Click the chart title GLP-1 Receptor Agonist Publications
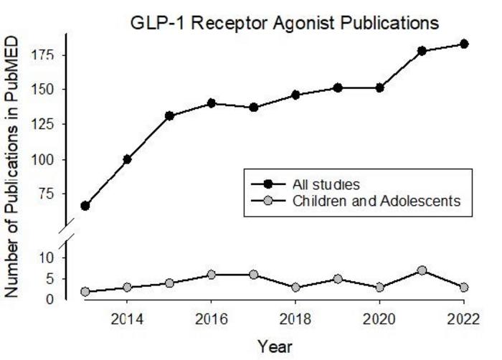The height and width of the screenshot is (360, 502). point(285,24)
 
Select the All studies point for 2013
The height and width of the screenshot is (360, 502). point(85,206)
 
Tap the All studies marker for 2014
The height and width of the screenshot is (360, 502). point(127,159)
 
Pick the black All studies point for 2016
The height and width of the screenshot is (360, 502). point(211,103)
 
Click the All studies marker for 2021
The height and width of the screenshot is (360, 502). point(422,51)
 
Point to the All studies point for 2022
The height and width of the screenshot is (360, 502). point(464,44)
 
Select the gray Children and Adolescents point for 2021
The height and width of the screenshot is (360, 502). point(422,270)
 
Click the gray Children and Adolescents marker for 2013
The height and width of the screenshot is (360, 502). point(85,292)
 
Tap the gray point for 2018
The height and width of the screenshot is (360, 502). point(295,288)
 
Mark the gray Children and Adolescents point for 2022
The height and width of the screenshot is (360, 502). point(464,288)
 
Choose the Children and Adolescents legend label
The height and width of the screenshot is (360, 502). point(382,202)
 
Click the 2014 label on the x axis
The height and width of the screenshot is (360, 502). point(127,318)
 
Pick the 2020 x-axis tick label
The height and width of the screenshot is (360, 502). point(379,318)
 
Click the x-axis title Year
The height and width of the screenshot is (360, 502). point(275,346)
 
